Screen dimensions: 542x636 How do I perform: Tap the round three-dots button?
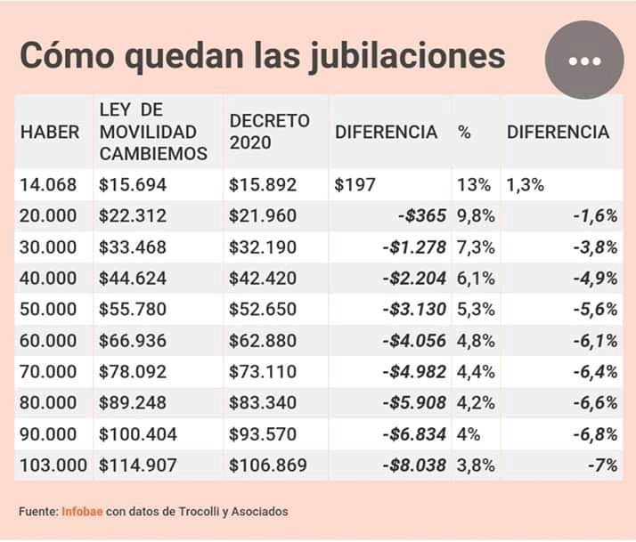[x=584, y=61]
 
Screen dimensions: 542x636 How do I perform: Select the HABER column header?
[x=50, y=133]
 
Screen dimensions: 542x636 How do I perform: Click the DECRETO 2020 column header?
[x=269, y=132]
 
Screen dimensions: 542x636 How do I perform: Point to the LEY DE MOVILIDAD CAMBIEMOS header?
[x=153, y=132]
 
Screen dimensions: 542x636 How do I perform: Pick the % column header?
[x=464, y=133]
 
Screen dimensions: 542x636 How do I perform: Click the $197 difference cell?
[x=355, y=186]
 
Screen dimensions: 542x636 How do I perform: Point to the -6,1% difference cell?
[x=594, y=341]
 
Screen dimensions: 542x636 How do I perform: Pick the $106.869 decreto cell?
[x=268, y=465]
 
